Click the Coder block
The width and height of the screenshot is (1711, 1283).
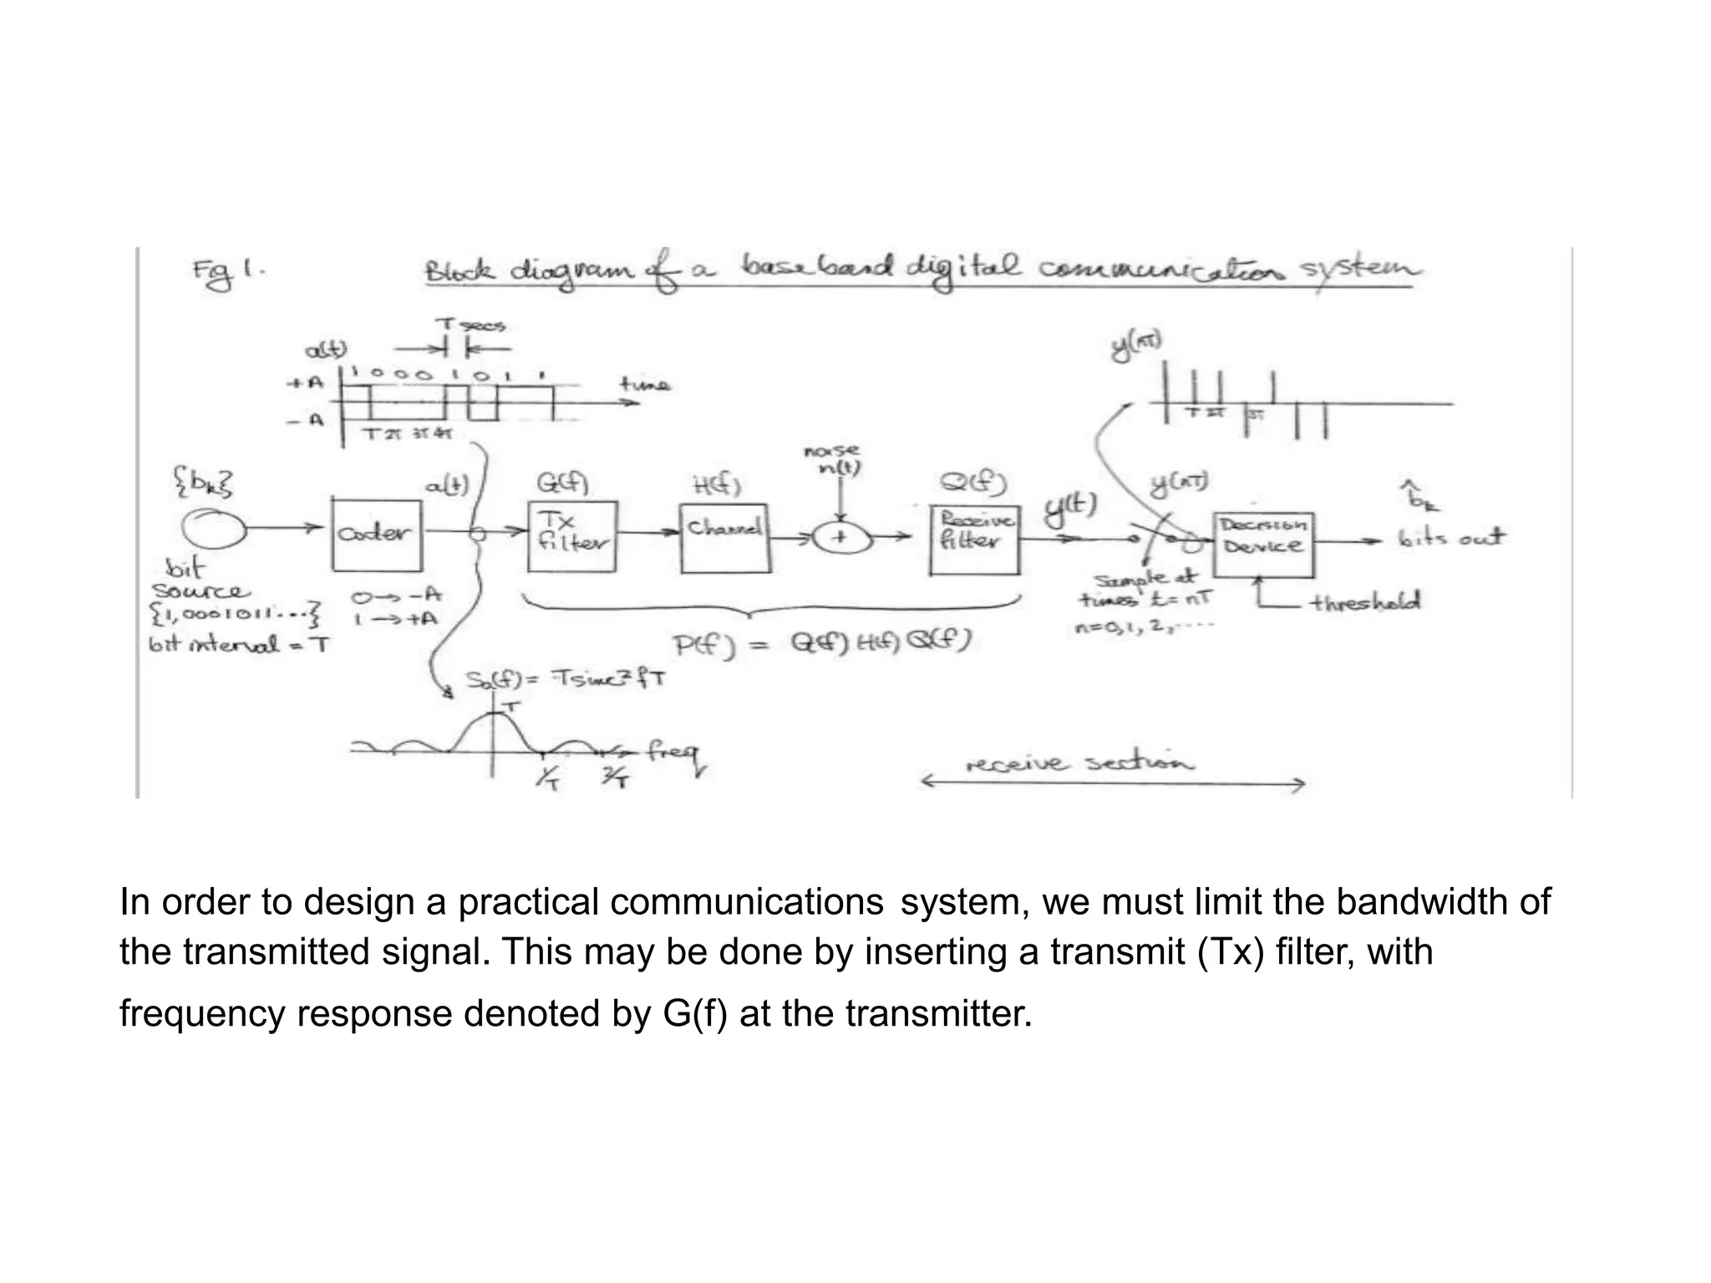point(377,535)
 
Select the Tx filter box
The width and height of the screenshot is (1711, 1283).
point(572,536)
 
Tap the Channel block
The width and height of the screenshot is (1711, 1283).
point(724,538)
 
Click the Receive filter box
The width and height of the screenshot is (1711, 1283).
point(974,539)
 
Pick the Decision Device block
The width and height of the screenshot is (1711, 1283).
point(1263,544)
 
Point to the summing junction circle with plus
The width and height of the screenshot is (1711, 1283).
point(840,538)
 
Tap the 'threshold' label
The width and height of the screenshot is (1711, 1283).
point(1365,602)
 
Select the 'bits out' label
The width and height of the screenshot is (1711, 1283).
point(1451,538)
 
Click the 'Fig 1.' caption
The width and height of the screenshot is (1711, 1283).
point(227,273)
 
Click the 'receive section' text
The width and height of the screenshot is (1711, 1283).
point(1080,763)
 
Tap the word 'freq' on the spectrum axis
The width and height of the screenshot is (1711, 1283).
point(673,753)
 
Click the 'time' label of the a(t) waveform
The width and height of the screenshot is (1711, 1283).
point(644,384)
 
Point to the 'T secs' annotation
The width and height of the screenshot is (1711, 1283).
point(470,325)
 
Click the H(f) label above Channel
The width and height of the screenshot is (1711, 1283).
point(717,484)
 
